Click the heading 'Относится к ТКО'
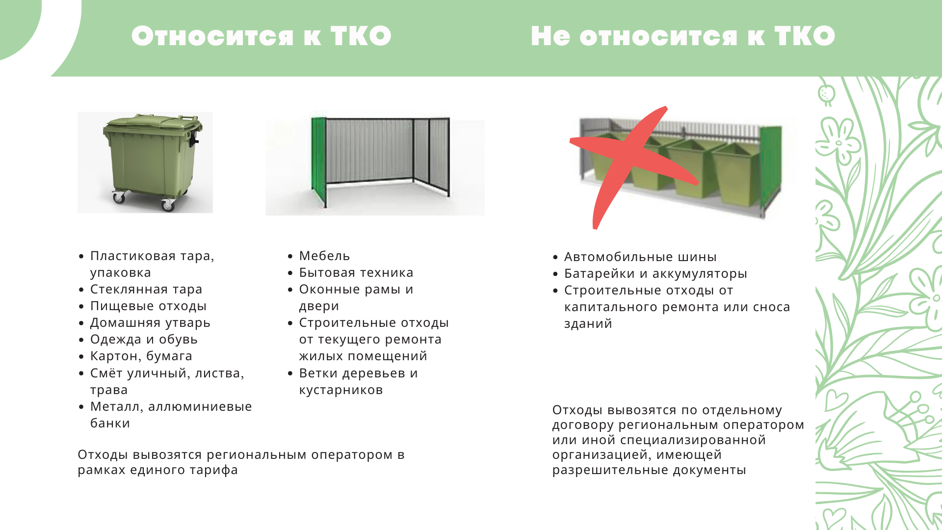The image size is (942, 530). coord(262,36)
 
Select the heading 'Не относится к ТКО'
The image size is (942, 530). coord(683,36)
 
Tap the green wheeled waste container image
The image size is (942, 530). coord(145,162)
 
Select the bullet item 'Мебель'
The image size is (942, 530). coord(324,256)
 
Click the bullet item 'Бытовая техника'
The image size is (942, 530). coord(356,272)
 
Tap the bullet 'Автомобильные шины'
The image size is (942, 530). coord(640,257)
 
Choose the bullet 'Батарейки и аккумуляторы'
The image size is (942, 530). coord(655,273)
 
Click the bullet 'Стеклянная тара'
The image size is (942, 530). coord(146,290)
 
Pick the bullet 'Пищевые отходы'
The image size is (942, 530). coord(148,306)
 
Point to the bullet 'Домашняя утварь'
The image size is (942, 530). coord(150,323)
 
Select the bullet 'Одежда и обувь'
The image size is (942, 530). coord(144,340)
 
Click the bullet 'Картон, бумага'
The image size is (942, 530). coord(141,356)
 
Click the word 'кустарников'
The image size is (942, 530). coord(341,390)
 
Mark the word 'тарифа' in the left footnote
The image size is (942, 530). coord(215,470)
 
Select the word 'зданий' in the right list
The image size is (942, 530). coord(588,324)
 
